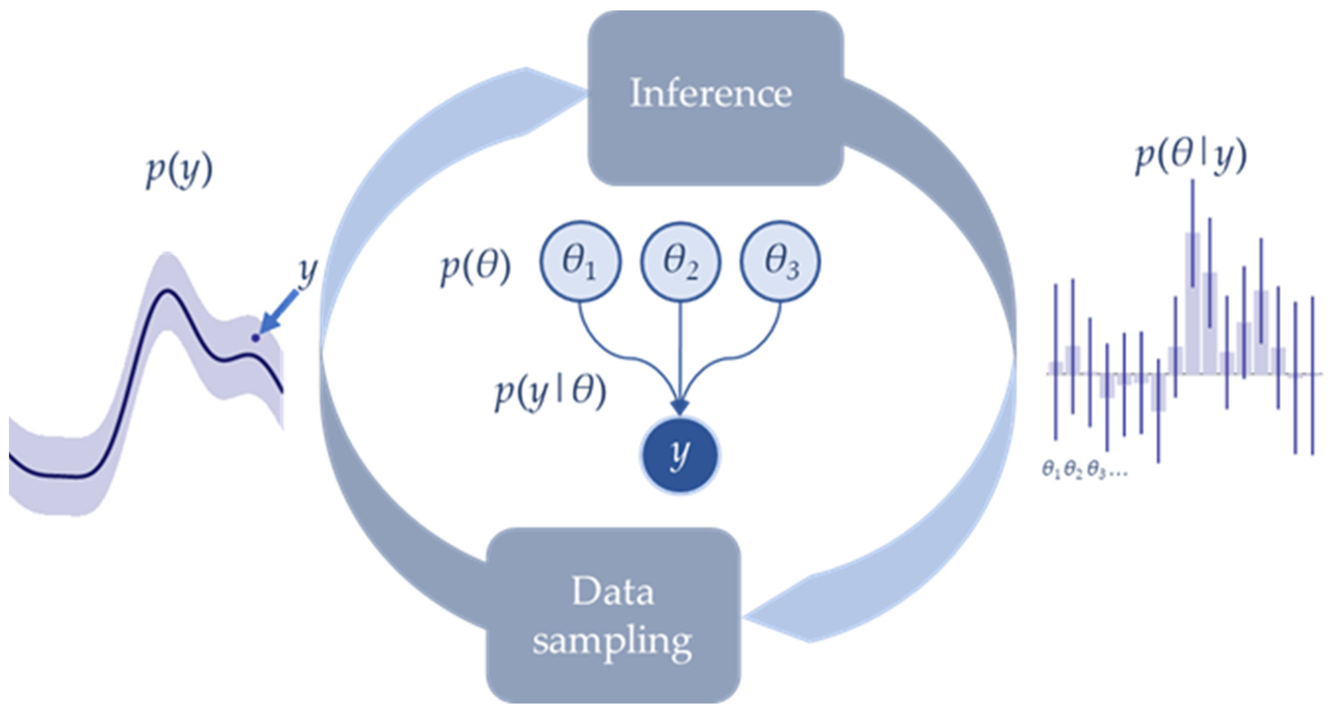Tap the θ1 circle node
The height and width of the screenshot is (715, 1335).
[580, 261]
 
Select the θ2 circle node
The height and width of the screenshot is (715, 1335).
[681, 261]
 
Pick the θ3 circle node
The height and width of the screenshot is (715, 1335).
[780, 261]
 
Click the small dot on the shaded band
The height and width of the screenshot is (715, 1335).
[255, 338]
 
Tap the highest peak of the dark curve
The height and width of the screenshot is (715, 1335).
[167, 291]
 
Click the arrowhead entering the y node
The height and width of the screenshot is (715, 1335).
[680, 407]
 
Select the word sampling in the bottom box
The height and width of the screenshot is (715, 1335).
[613, 642]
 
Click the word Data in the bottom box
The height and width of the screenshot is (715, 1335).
[613, 593]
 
